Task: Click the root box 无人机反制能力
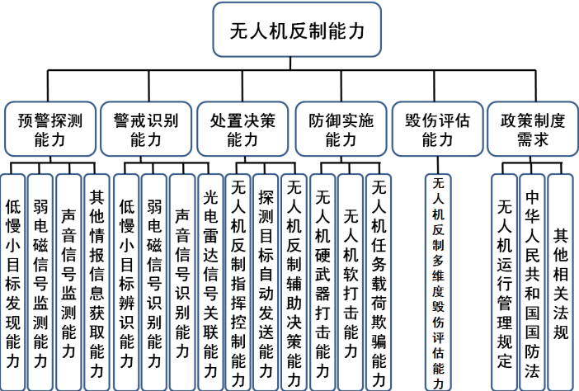pyautogui.click(x=296, y=31)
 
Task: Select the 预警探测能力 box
pyautogui.click(x=50, y=129)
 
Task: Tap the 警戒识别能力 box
pyautogui.click(x=147, y=129)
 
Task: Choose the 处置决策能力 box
pyautogui.click(x=242, y=129)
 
